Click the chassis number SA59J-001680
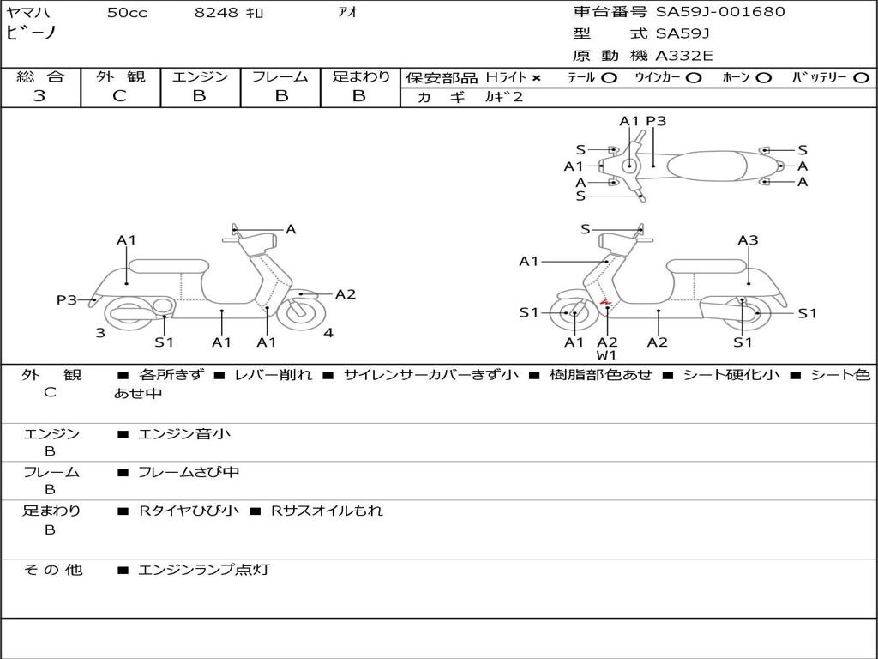point(720,12)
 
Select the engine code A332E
point(684,56)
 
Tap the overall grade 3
point(39,95)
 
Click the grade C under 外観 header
point(119,95)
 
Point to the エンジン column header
point(200,76)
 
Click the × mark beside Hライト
point(537,78)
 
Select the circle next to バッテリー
point(861,78)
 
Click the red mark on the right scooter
point(605,302)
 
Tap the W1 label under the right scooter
point(606,355)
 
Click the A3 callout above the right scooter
point(748,240)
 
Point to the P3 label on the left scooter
point(67,299)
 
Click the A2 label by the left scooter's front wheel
point(346,294)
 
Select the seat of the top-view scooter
point(707,166)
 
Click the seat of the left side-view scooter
point(169,266)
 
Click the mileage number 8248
point(216,12)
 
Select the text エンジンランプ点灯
point(204,570)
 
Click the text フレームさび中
point(189,473)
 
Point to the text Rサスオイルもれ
point(327,511)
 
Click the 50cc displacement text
point(127,12)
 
